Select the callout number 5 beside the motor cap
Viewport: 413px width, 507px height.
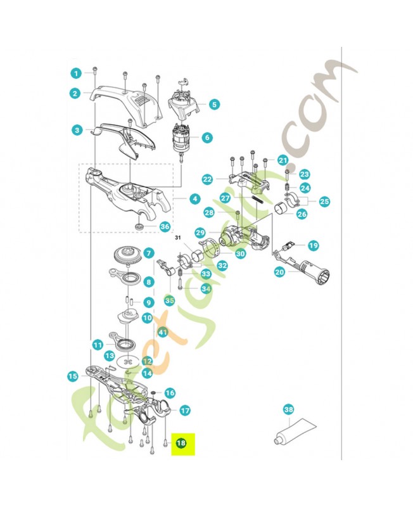(x=213, y=104)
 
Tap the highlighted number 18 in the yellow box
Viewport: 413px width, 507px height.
(x=181, y=444)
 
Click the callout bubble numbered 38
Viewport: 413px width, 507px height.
(x=288, y=409)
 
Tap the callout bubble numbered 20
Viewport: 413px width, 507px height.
(x=280, y=271)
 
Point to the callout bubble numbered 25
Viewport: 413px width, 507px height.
(x=325, y=202)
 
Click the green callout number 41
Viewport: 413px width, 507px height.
(x=162, y=331)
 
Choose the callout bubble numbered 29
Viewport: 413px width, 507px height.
(x=200, y=233)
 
